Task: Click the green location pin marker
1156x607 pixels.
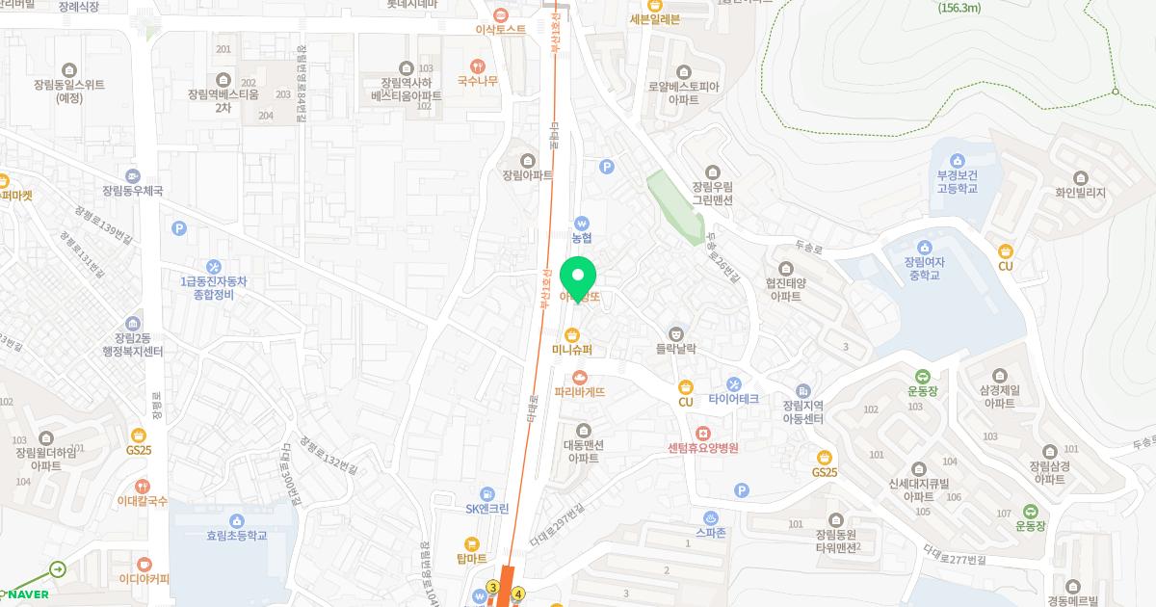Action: point(579,277)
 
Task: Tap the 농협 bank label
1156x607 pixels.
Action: point(581,236)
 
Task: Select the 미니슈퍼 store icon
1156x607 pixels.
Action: point(572,334)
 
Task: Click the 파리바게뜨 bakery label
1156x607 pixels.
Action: point(580,392)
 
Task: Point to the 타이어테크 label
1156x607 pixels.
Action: point(734,399)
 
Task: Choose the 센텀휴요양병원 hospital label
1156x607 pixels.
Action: point(702,448)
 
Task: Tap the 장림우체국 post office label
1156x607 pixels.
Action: point(132,191)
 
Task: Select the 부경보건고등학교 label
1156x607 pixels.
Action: point(957,182)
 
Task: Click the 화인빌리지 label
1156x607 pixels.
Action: point(1080,193)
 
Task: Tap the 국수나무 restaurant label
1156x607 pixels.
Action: point(477,81)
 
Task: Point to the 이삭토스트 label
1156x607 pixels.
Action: point(501,29)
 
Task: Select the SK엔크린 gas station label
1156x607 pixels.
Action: point(486,508)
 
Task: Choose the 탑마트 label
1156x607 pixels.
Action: point(472,558)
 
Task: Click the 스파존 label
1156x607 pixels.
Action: point(711,531)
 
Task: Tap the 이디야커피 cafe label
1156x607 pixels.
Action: point(144,578)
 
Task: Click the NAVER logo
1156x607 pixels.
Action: point(28,594)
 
